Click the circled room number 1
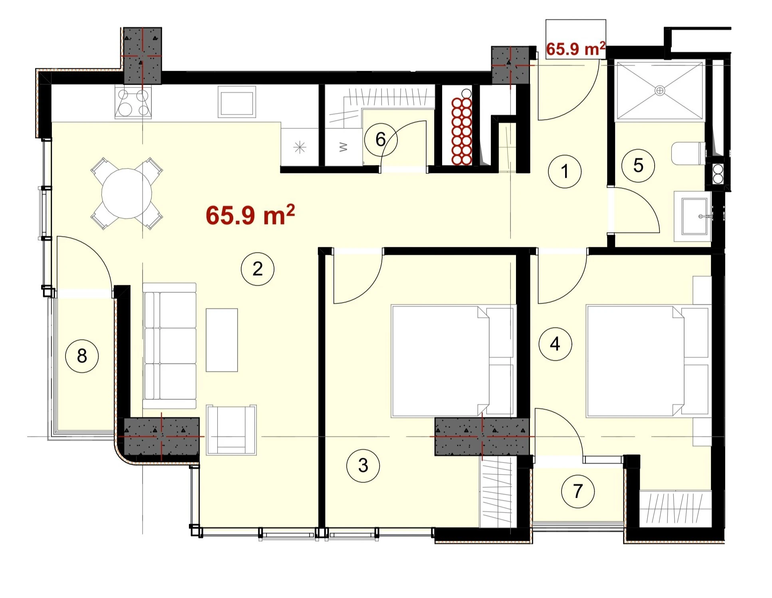click(564, 171)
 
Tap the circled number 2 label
click(258, 269)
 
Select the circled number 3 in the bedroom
click(363, 465)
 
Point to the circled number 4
click(555, 344)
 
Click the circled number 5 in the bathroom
click(638, 165)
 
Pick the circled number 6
click(381, 139)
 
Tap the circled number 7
click(578, 491)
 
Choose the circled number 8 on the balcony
click(82, 356)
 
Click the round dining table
click(127, 193)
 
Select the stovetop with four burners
click(133, 103)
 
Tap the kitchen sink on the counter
click(236, 102)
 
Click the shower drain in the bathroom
click(660, 91)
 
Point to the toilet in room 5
click(689, 154)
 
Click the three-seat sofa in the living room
click(169, 346)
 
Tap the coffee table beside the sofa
click(222, 340)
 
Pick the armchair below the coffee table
click(231, 430)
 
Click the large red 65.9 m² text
click(250, 215)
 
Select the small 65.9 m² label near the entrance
click(576, 49)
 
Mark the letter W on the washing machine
click(343, 147)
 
